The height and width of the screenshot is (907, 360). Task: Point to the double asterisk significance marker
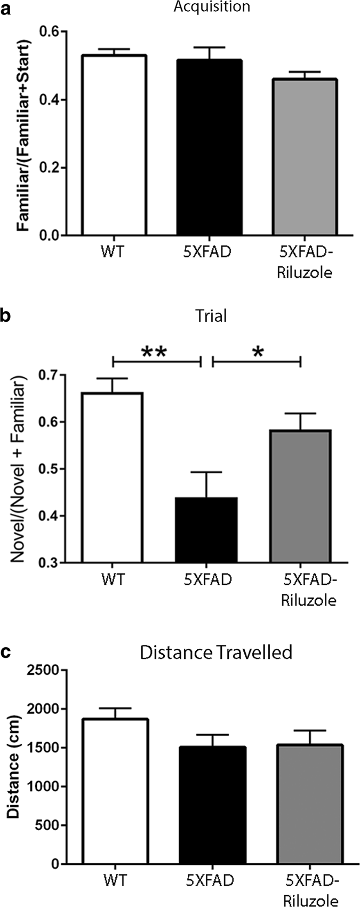155,353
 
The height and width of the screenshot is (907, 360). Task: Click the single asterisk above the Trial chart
258,353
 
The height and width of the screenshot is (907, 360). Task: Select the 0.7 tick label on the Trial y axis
51,376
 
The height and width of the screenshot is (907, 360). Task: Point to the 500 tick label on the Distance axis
57,825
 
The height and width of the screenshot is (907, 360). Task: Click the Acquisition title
223,7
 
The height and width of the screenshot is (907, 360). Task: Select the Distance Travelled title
215,653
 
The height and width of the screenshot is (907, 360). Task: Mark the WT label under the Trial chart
112,579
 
